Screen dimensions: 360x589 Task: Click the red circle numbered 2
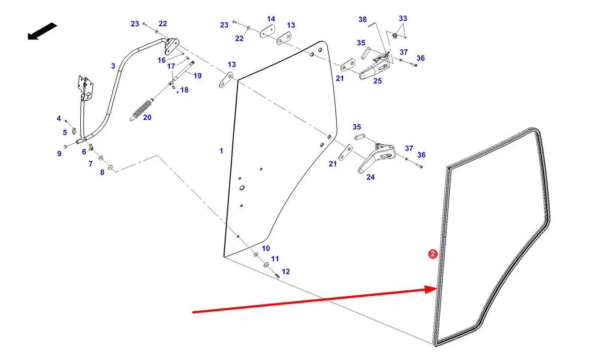tap(432, 254)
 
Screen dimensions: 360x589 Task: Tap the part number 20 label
tap(147, 118)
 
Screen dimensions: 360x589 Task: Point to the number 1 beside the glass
tap(221, 151)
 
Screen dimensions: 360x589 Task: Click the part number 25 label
tap(377, 81)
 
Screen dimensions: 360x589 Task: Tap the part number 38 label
tap(362, 20)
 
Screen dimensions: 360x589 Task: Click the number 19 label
tap(197, 76)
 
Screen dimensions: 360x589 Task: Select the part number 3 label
tap(113, 66)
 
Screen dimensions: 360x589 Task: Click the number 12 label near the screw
tap(286, 271)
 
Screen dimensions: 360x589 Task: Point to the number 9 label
tap(59, 154)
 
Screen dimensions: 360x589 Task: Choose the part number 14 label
tap(271, 19)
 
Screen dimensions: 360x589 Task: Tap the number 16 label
tap(161, 60)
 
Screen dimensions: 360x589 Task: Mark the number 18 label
tap(184, 90)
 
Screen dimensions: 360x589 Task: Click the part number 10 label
tap(265, 248)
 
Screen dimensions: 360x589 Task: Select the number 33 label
tap(403, 19)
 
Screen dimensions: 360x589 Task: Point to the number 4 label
tap(59, 119)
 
